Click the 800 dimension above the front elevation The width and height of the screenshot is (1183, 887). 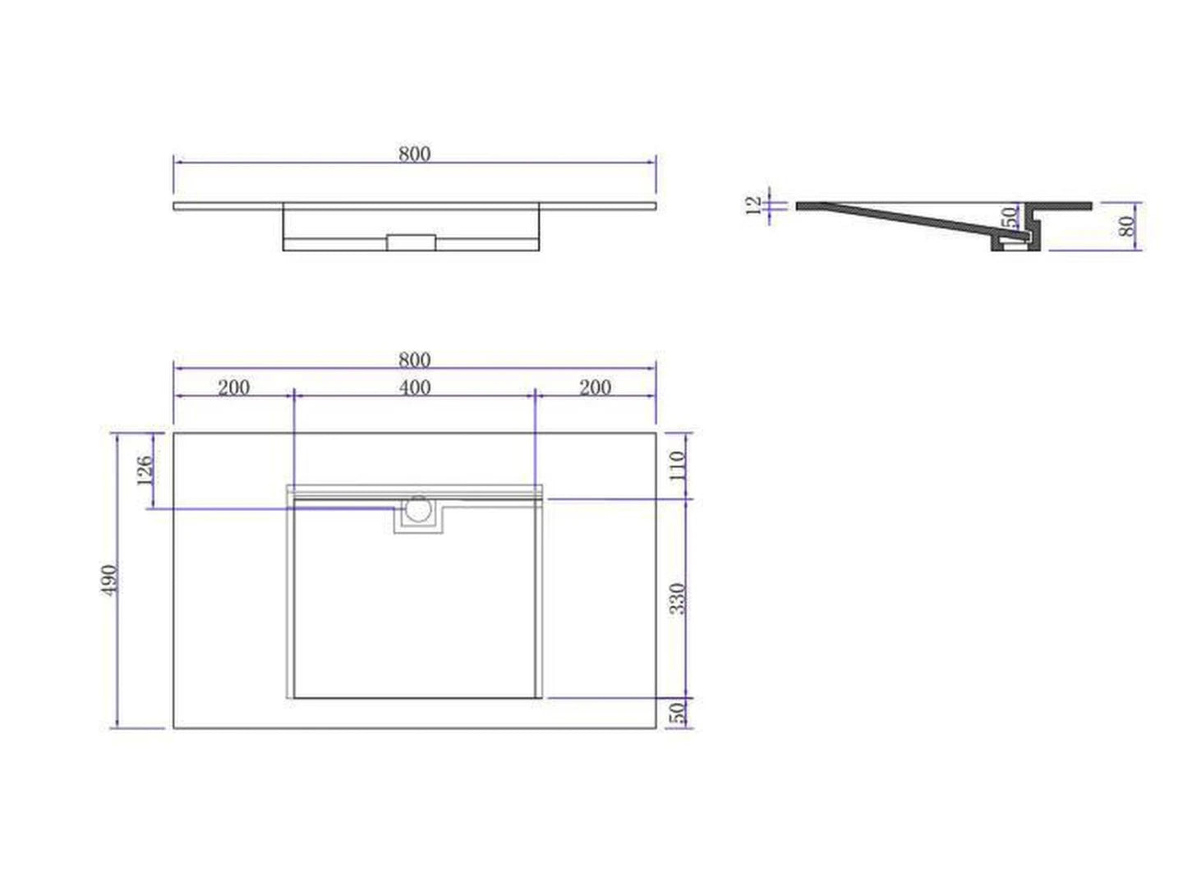pyautogui.click(x=415, y=154)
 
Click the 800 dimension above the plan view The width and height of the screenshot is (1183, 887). pyautogui.click(x=415, y=360)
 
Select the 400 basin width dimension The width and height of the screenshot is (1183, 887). pyautogui.click(x=415, y=387)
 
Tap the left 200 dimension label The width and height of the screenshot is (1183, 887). pyautogui.click(x=233, y=387)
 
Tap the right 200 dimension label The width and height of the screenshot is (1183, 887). pyautogui.click(x=595, y=387)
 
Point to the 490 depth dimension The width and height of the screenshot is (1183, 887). pyautogui.click(x=110, y=580)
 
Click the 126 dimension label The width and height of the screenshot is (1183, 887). pyautogui.click(x=145, y=471)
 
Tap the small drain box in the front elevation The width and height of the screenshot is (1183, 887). pyautogui.click(x=412, y=242)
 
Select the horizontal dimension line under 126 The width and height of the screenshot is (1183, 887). pyautogui.click(x=271, y=509)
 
